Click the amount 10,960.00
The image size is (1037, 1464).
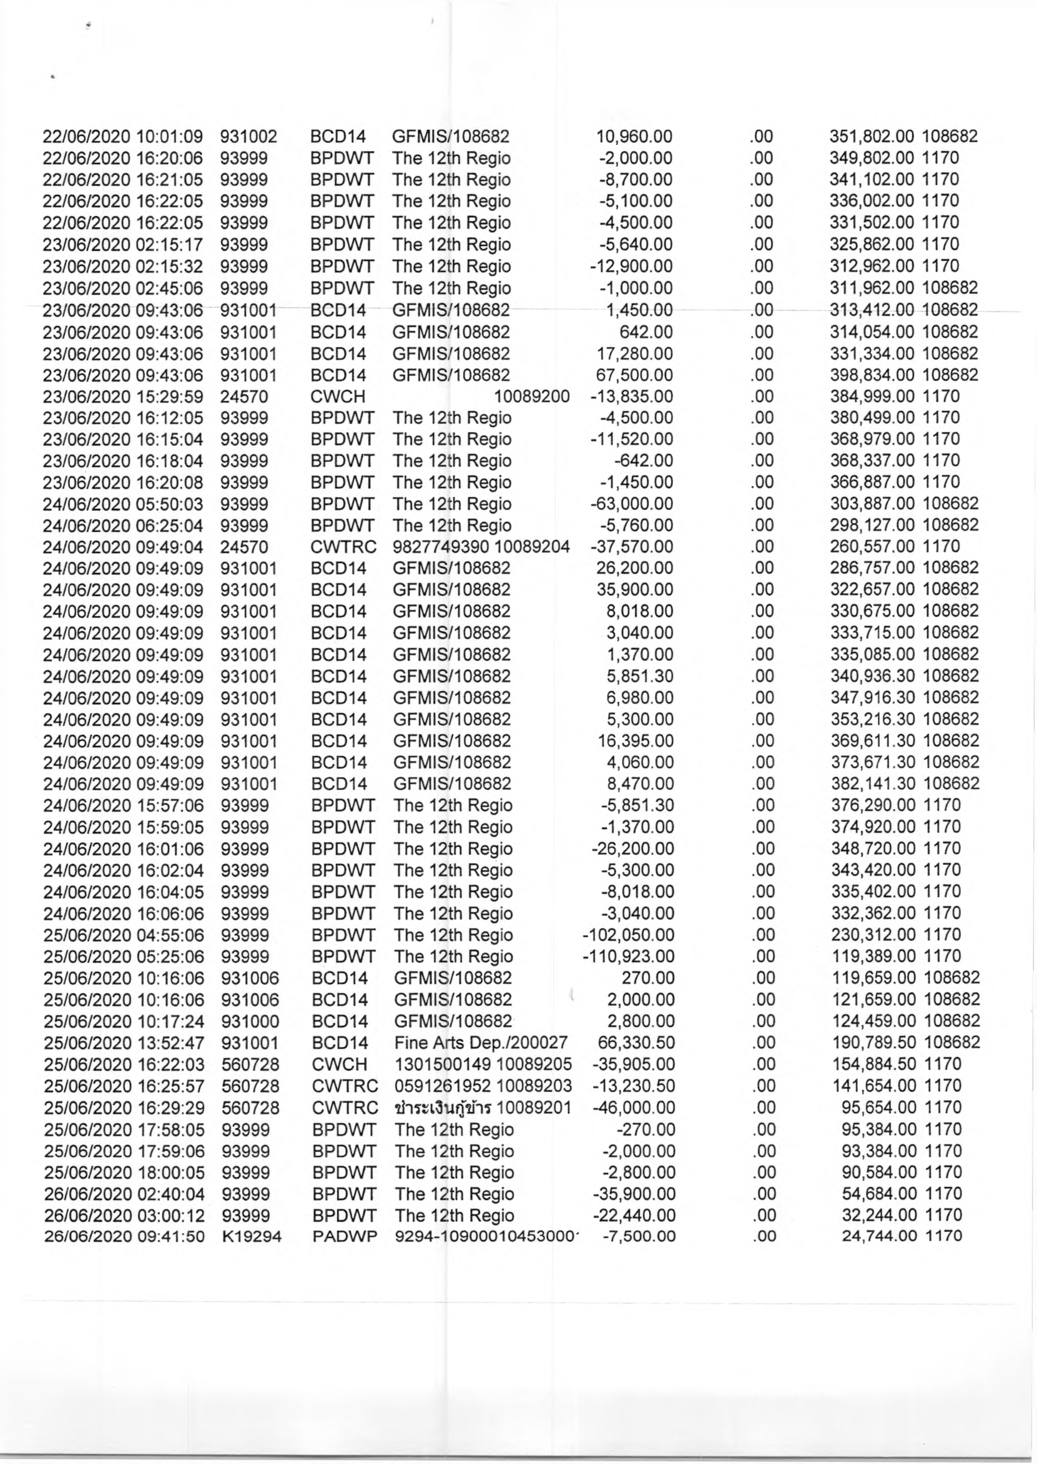point(634,137)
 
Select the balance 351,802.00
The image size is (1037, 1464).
point(872,137)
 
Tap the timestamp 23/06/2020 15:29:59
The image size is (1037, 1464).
point(122,396)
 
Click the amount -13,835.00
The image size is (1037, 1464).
point(632,396)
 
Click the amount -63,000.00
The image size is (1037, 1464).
point(632,504)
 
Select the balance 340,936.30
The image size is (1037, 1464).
point(873,676)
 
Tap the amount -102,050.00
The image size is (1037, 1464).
point(628,935)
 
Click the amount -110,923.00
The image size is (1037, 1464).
point(628,956)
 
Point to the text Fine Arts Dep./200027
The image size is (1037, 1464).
point(481,1043)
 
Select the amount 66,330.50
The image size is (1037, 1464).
point(636,1043)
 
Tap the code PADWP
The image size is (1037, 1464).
point(344,1237)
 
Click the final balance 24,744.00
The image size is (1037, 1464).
point(880,1237)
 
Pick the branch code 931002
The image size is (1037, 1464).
point(248,137)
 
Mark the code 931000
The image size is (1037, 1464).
point(250,1021)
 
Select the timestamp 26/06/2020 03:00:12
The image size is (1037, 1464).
point(124,1216)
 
